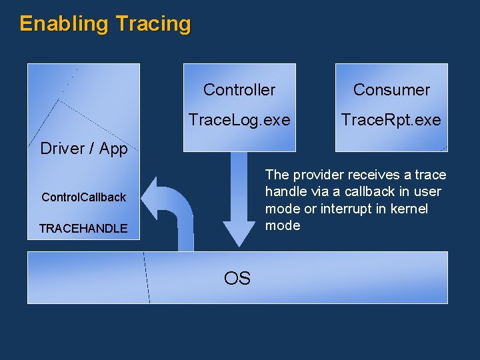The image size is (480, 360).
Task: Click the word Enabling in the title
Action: tap(63, 24)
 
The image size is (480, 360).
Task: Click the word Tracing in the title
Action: tap(153, 24)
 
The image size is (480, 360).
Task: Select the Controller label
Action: tap(239, 89)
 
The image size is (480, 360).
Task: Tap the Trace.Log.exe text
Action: tap(239, 120)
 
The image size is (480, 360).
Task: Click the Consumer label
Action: tap(391, 89)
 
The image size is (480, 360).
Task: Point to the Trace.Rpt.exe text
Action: tap(391, 120)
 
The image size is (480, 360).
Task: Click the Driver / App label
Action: tap(83, 149)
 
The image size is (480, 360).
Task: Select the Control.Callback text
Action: tap(83, 197)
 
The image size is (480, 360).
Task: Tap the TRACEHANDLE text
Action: tap(83, 229)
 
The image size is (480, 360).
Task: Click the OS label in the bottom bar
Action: tap(237, 278)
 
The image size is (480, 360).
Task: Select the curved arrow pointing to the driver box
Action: tap(173, 207)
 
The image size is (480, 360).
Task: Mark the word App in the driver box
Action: tap(115, 149)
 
